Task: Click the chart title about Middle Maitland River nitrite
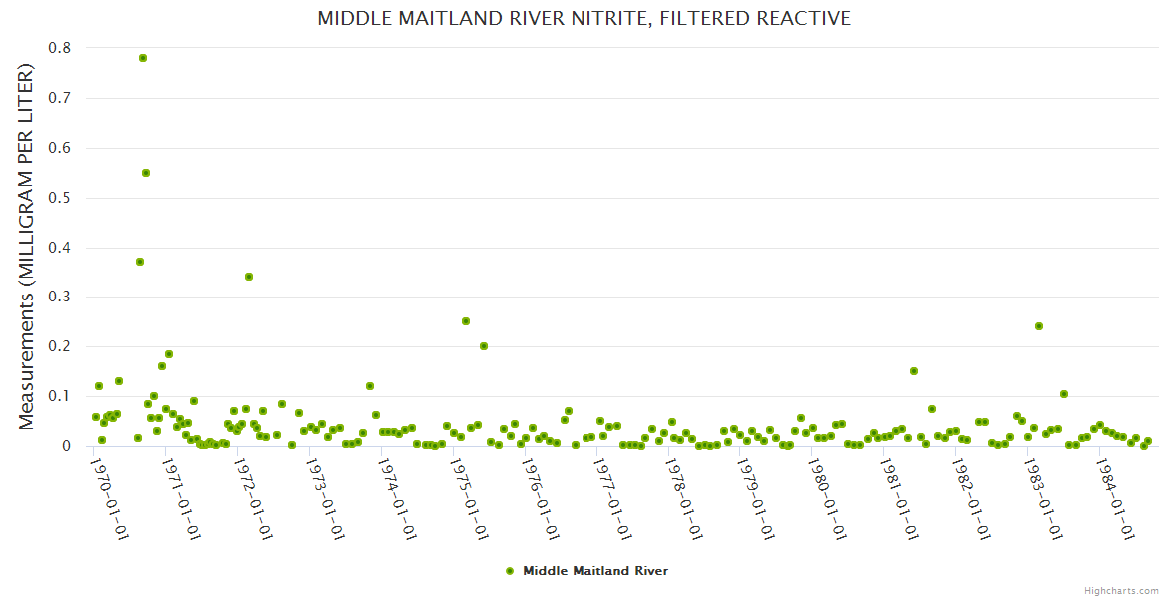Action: point(584,18)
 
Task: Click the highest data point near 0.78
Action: point(143,58)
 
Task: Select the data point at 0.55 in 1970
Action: point(146,173)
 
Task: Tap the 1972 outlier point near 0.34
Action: point(249,277)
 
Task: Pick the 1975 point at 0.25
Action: point(466,321)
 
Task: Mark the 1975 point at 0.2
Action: point(484,346)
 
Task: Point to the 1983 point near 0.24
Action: point(1039,326)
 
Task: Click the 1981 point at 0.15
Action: point(914,371)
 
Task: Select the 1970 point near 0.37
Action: point(140,262)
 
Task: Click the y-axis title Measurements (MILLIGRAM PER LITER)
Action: point(27,247)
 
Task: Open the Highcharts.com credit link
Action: point(1121,590)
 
